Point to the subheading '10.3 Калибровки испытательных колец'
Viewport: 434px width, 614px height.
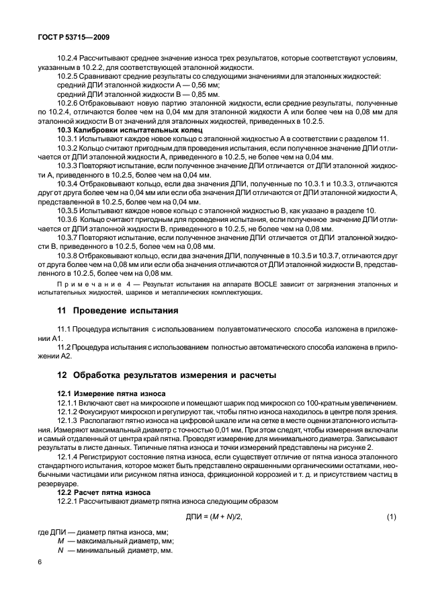tap(111, 128)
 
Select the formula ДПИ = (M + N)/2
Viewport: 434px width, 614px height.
tap(214, 516)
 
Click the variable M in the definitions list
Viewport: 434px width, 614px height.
tap(60, 540)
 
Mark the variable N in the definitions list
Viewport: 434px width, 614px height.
tap(60, 549)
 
